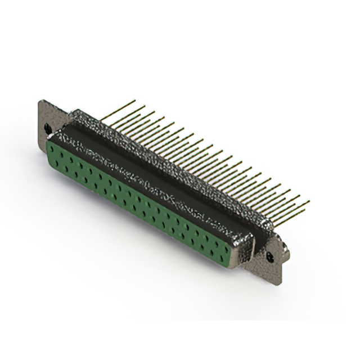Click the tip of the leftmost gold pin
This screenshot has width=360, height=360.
tap(135, 101)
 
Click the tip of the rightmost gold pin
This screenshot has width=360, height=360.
tap(309, 201)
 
